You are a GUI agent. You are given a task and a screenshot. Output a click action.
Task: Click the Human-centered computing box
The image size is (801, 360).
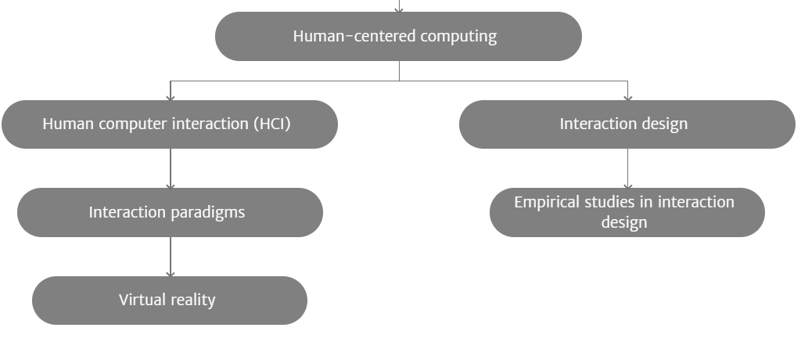click(x=398, y=36)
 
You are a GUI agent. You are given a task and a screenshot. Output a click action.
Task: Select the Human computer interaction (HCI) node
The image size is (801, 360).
click(x=170, y=124)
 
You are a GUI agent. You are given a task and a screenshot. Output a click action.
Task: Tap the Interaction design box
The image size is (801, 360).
click(x=627, y=124)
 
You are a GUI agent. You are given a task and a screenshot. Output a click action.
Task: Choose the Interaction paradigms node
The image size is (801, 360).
click(x=170, y=212)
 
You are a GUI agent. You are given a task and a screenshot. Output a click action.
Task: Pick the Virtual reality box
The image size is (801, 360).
click(x=170, y=301)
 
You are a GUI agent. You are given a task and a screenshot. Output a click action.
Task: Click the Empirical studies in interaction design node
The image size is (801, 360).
click(x=627, y=212)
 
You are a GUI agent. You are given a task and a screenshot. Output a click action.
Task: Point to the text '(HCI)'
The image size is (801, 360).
click(x=272, y=124)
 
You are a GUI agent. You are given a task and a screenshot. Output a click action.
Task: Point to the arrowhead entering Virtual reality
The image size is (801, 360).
click(x=170, y=274)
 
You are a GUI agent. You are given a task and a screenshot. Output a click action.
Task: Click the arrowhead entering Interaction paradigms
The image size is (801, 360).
click(x=170, y=185)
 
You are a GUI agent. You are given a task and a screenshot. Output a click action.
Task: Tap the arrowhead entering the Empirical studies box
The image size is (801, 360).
click(x=628, y=185)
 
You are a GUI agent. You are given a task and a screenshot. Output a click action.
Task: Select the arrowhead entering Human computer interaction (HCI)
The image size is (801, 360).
click(x=170, y=97)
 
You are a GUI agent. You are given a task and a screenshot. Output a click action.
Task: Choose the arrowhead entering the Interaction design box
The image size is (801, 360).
click(x=628, y=97)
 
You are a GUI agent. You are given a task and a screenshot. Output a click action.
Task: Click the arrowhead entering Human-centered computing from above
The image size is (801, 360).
click(x=399, y=9)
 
